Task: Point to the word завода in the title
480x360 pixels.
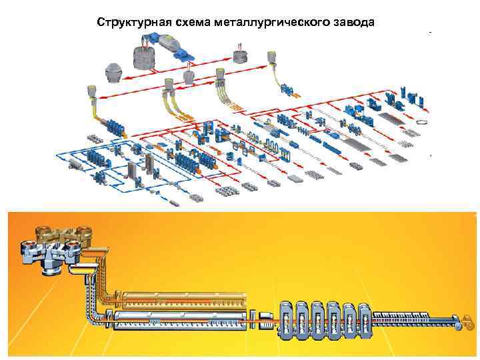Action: coord(353,22)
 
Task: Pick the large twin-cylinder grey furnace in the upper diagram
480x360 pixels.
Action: coord(147,57)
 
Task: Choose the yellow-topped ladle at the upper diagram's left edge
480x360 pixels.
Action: coord(91,93)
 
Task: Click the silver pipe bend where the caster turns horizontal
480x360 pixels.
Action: coord(99,313)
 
